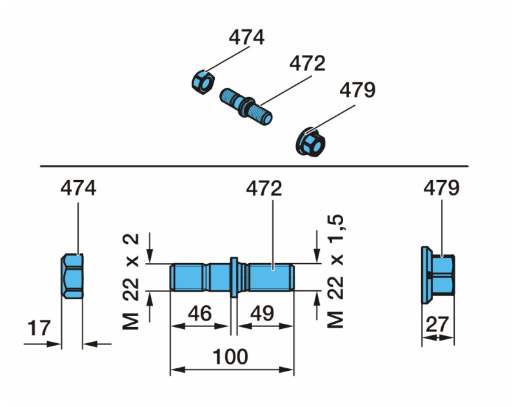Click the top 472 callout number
pos(307,64)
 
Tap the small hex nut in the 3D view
pos(203,82)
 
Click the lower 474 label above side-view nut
pos(78,188)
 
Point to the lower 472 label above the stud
pos(264,188)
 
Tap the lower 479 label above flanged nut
pos(442,188)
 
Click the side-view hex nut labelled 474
pos(73,275)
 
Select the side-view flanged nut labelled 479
pos(438,275)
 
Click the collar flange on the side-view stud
pos(233,277)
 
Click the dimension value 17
pos(39,329)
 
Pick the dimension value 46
pos(199,313)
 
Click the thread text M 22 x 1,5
pos(335,272)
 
